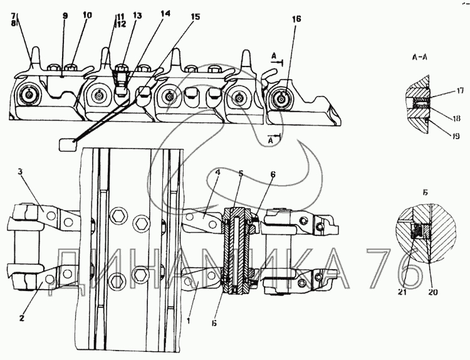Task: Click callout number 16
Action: [x=296, y=19]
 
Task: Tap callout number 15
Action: [x=196, y=16]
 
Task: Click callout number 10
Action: [x=86, y=14]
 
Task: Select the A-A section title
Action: [x=419, y=57]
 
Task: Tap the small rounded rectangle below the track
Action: [x=68, y=145]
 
